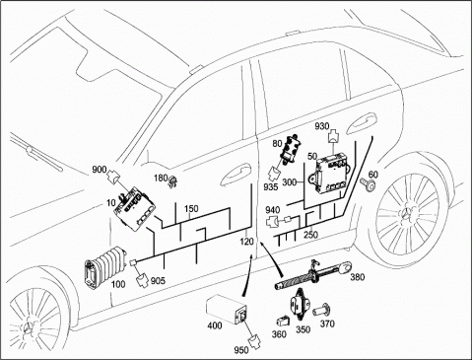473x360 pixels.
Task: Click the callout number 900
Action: point(100,170)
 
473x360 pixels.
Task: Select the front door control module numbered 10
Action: point(135,209)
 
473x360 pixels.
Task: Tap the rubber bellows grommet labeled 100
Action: point(105,267)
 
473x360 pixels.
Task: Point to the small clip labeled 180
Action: point(172,181)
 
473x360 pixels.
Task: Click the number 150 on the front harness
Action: point(191,209)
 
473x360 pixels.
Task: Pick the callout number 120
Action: point(246,242)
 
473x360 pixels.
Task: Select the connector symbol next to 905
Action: point(143,280)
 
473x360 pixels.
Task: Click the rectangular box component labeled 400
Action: point(227,309)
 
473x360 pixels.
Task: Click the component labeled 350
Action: point(300,304)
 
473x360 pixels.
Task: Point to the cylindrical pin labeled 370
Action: point(322,310)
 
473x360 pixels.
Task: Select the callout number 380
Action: point(358,277)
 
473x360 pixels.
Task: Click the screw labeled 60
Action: point(369,184)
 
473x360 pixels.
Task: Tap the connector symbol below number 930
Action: point(334,136)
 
